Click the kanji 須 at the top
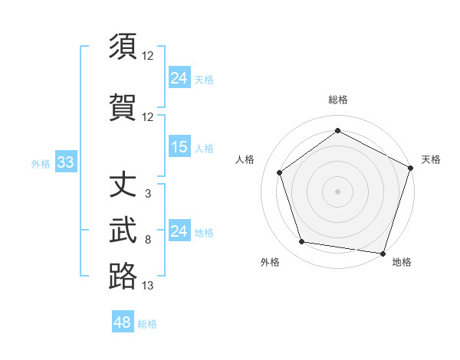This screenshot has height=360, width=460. pos(123,47)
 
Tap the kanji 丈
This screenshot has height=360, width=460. pos(123,185)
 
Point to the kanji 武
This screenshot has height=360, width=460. pos(123,230)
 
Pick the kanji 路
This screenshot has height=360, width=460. pos(123,276)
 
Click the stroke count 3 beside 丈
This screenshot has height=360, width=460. pos(148,194)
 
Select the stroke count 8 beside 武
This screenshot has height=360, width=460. pos(148,240)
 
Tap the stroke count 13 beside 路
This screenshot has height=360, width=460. pos(148,286)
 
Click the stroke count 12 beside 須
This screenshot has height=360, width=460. pos(148,56)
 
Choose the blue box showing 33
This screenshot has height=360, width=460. pos(64,162)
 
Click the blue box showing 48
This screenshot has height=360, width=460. pos(123,322)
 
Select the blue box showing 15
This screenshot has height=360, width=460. pos(179,147)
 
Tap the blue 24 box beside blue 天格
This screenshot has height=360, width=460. pos(179,77)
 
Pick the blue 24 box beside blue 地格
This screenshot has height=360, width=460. pos(179,231)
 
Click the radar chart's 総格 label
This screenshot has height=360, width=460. pos(337,100)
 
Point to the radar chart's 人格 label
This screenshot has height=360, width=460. pos(245,159)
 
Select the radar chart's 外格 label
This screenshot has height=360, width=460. pos(270,262)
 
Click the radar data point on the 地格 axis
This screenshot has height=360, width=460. pos(383,253)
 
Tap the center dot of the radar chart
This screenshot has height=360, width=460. pos(337,191)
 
